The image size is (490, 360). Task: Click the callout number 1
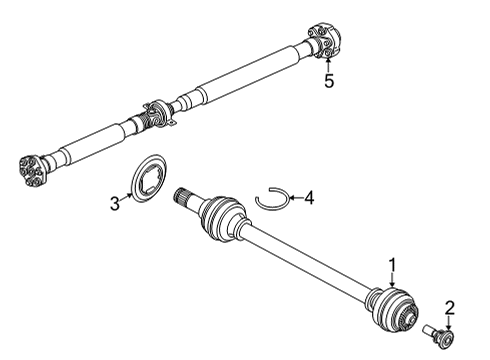tap(393, 264)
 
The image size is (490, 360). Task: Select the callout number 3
tap(114, 204)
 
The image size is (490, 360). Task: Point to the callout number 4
tap(309, 198)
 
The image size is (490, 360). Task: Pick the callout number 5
tap(329, 81)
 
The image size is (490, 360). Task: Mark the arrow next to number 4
tap(294, 199)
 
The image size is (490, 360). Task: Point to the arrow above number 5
tap(328, 63)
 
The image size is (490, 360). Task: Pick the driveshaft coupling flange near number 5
tap(324, 42)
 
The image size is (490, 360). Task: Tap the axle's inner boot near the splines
tap(221, 218)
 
